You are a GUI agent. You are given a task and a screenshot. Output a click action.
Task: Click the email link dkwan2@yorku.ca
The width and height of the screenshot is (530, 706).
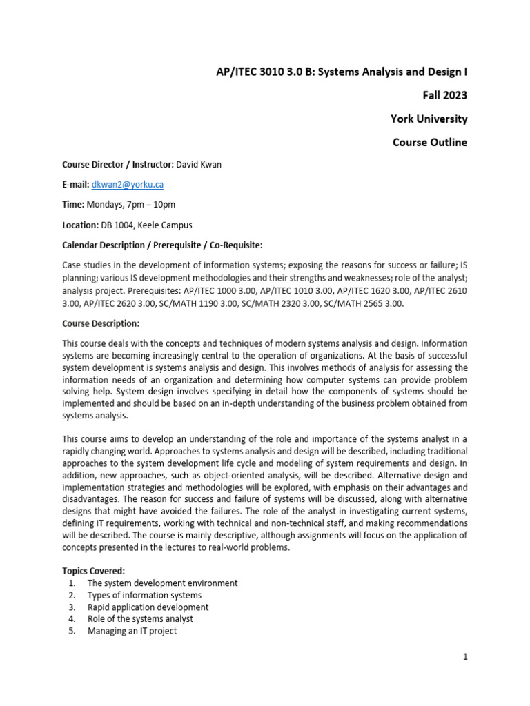pyautogui.click(x=127, y=185)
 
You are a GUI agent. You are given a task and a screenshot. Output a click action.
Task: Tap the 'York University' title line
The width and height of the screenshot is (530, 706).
pyautogui.click(x=429, y=119)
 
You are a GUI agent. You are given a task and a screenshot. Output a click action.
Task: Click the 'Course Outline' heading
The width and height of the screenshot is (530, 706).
pyautogui.click(x=429, y=143)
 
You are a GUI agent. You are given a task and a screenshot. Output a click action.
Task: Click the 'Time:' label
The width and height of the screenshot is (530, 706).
pyautogui.click(x=73, y=205)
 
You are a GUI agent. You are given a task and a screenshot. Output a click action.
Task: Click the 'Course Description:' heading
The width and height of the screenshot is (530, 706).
pyautogui.click(x=101, y=323)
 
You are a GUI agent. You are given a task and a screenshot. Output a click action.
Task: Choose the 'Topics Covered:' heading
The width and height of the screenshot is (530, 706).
pyautogui.click(x=94, y=571)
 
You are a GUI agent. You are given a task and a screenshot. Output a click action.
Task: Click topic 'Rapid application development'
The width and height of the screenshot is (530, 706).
pyautogui.click(x=148, y=607)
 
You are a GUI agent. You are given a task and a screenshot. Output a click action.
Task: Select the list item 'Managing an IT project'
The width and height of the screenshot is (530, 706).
pyautogui.click(x=132, y=631)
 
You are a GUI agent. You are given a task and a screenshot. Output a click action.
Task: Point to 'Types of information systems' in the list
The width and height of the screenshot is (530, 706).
pyautogui.click(x=144, y=595)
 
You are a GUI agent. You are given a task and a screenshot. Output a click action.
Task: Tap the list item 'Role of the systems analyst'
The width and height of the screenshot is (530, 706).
pyautogui.click(x=140, y=619)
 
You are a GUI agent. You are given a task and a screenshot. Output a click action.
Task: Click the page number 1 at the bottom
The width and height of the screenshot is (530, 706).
pyautogui.click(x=465, y=657)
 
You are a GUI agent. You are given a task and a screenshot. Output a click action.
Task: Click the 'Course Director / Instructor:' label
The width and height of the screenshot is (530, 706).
pyautogui.click(x=118, y=165)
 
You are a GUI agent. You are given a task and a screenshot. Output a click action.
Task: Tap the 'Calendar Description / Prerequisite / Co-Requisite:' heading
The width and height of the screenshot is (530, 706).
pyautogui.click(x=162, y=245)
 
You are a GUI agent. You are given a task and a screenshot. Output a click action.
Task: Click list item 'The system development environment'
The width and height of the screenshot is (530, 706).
pyautogui.click(x=162, y=583)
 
